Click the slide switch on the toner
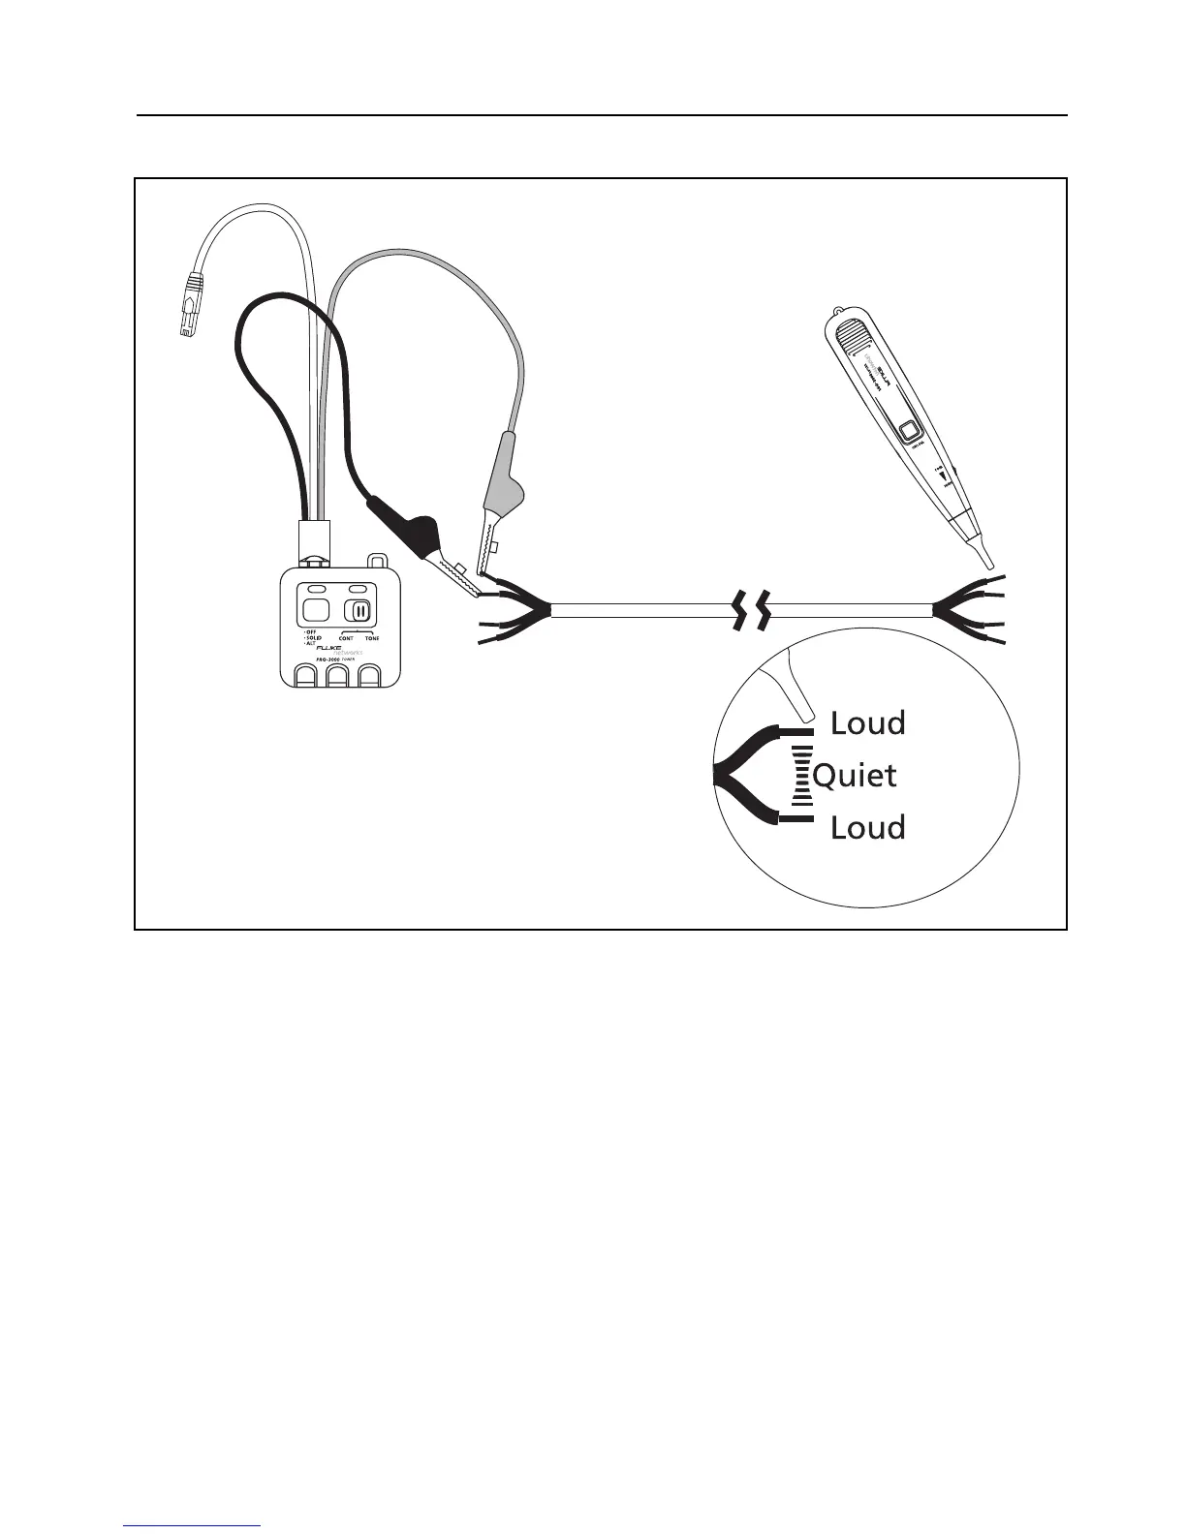coord(359,611)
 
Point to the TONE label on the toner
coord(372,639)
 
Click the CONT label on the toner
coord(346,639)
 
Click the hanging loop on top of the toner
coord(377,561)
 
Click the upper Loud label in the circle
coord(867,723)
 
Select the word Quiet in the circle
coord(855,775)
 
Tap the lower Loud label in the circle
coord(867,828)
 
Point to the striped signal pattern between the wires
coord(801,776)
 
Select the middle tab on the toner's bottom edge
coord(337,677)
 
